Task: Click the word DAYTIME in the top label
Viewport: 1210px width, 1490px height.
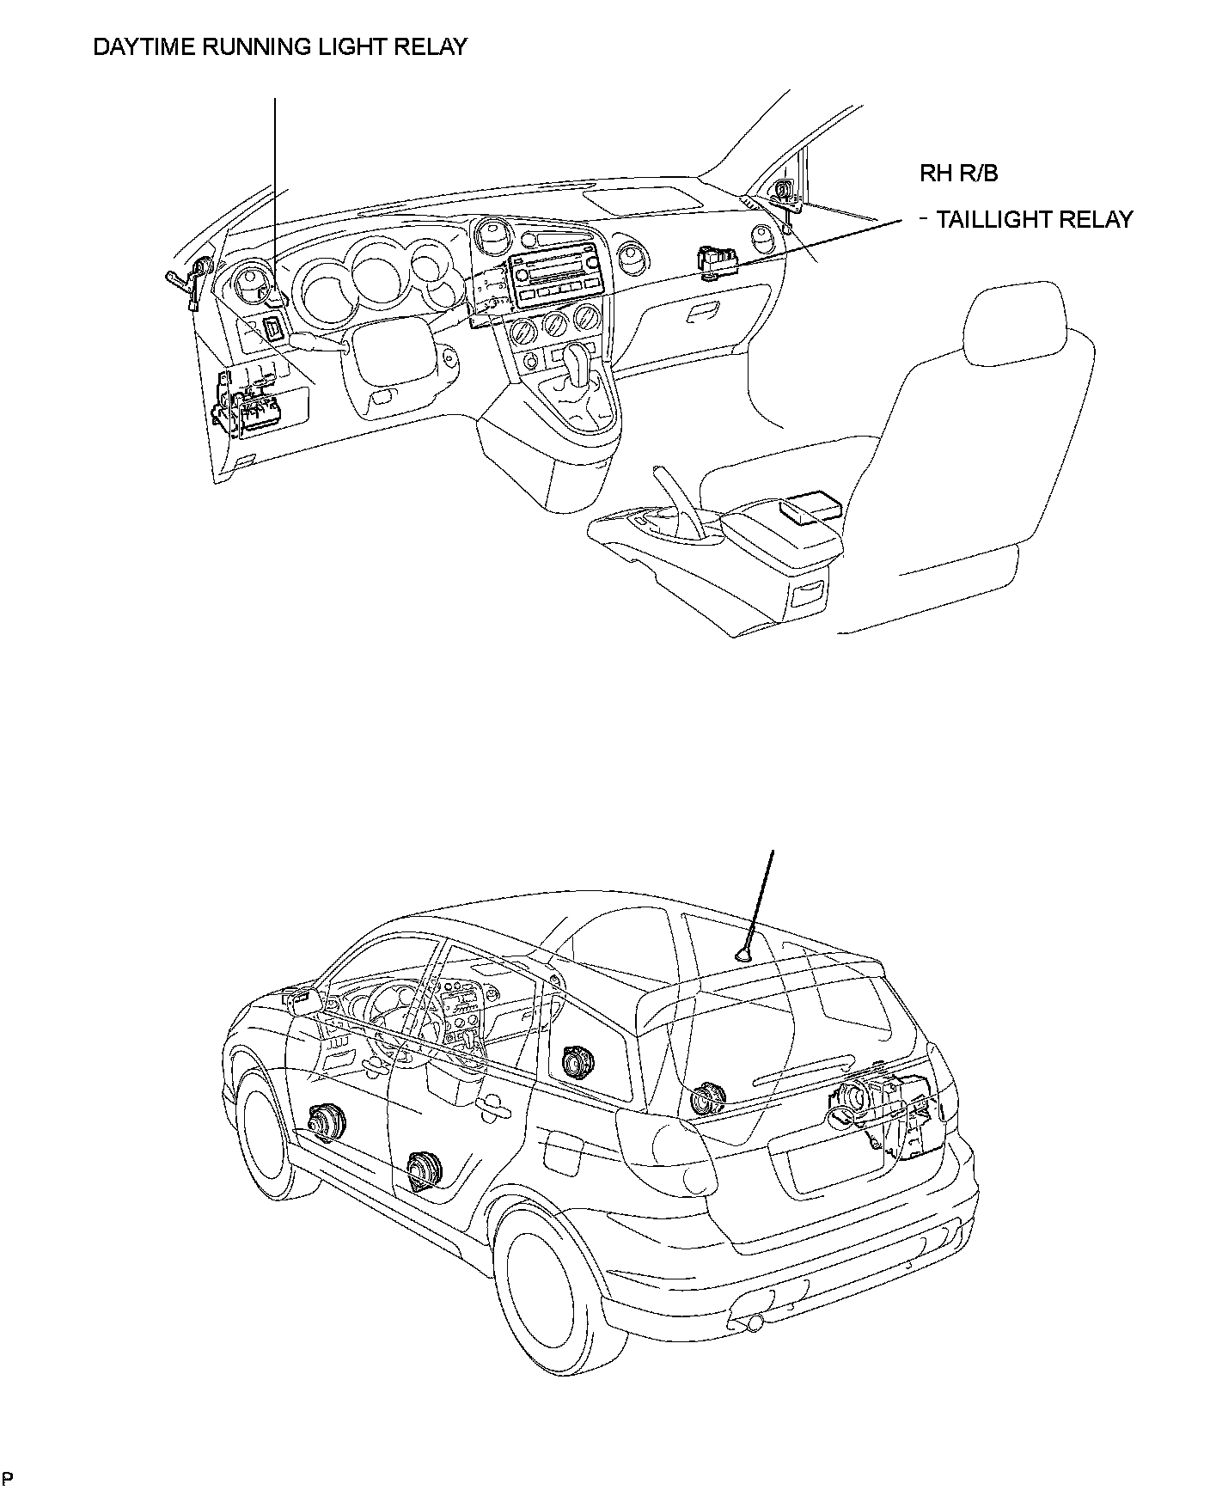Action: tap(142, 46)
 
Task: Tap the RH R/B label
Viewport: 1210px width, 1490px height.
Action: tap(959, 174)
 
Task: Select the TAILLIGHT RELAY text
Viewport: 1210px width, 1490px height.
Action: tap(1035, 220)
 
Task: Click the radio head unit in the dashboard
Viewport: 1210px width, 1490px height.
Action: tap(559, 279)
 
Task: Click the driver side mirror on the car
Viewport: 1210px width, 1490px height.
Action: tap(302, 999)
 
